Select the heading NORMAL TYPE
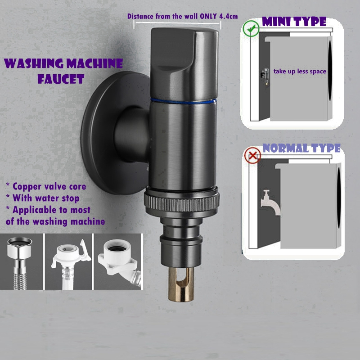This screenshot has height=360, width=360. point(301,148)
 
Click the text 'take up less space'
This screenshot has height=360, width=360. point(300,71)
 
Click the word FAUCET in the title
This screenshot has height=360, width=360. point(61,79)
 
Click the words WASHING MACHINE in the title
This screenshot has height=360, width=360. point(63,63)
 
